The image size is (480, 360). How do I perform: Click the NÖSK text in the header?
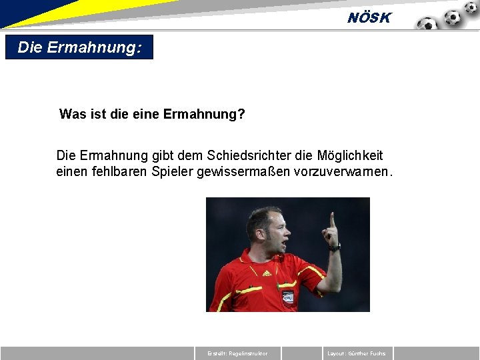(369, 18)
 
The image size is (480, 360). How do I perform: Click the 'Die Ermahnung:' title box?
(79, 47)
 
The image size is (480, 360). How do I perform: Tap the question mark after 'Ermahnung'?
(241, 115)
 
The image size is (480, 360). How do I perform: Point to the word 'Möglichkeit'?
(348, 155)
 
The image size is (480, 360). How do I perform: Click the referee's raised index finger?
(332, 220)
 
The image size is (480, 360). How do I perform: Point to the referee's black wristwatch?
(335, 247)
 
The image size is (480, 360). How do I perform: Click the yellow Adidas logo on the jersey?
(267, 273)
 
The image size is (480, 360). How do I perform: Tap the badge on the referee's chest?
(288, 296)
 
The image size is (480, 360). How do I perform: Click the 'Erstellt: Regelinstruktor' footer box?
(238, 353)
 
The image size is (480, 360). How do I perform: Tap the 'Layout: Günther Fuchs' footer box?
(357, 353)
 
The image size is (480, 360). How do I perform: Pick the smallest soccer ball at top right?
(471, 7)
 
